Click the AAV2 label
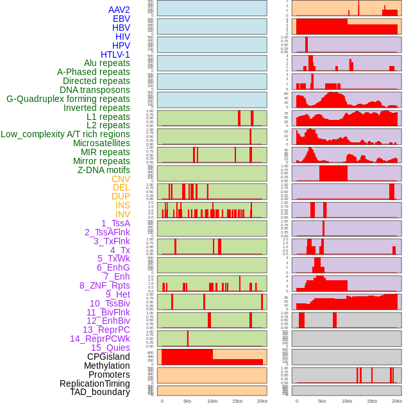(x=119, y=10)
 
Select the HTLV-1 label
(x=115, y=55)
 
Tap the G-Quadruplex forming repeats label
(x=68, y=99)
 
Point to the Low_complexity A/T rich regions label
(x=65, y=134)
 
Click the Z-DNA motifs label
(x=104, y=170)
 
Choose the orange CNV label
(x=121, y=179)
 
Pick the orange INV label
(x=122, y=214)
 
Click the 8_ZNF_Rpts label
(x=105, y=285)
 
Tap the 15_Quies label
(x=110, y=348)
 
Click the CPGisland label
(x=108, y=357)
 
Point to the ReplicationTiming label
(x=94, y=383)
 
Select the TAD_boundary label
(x=100, y=392)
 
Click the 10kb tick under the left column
(x=212, y=401)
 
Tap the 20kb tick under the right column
(x=397, y=401)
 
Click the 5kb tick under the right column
(x=322, y=401)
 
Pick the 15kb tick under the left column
(x=237, y=401)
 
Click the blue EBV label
(x=121, y=19)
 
